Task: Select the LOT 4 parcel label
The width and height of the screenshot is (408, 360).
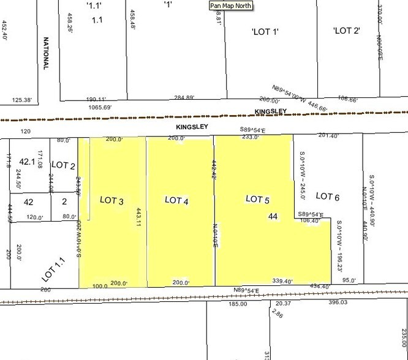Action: (176, 200)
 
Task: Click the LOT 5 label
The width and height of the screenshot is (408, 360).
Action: (257, 198)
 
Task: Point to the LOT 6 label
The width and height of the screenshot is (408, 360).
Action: (327, 196)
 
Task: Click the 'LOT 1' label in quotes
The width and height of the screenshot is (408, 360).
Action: (265, 32)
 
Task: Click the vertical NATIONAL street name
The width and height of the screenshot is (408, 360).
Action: (45, 53)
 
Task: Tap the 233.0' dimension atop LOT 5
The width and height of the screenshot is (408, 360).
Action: (251, 138)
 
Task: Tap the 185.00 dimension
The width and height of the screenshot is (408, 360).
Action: (237, 303)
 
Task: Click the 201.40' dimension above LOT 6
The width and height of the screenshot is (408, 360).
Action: (328, 135)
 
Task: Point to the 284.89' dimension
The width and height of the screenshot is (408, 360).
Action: (184, 97)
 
